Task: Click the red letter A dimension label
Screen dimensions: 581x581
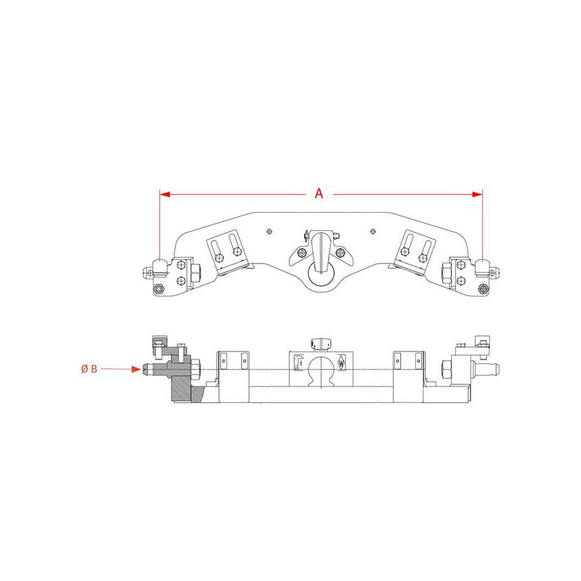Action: coord(319,193)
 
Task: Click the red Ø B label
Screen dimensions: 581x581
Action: coord(89,369)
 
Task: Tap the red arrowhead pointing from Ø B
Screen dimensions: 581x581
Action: coord(137,369)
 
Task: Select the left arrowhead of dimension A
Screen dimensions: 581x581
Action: coord(165,194)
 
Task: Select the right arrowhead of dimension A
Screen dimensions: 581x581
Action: coord(477,194)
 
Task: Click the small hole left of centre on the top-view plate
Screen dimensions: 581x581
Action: coord(269,232)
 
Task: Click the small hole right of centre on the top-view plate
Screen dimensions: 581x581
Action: coord(373,232)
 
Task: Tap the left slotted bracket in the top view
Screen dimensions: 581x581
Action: coord(228,252)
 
